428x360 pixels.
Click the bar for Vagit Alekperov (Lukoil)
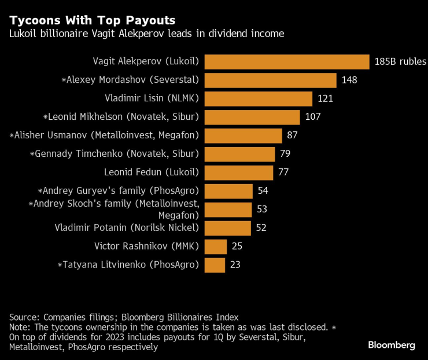287,62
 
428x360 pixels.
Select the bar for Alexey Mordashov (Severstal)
270,80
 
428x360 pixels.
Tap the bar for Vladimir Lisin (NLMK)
259,99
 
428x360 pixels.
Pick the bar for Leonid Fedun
239,172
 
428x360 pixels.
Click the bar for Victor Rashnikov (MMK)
216,247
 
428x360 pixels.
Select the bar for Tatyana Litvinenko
215,265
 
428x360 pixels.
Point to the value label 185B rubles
400,62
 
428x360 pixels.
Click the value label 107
312,117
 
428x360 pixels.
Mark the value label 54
263,190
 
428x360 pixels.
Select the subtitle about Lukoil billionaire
146,34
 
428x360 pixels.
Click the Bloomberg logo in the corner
392,345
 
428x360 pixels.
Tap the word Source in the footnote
24,317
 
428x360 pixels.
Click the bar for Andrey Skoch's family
228,210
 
